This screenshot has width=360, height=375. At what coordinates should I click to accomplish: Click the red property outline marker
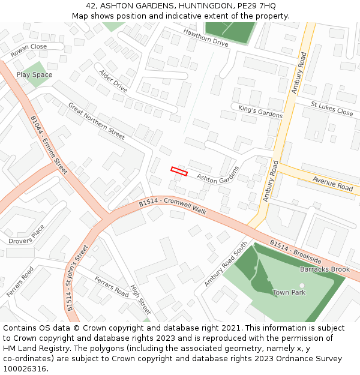coord(179,171)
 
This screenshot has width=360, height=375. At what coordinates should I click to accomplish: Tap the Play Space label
coord(34,75)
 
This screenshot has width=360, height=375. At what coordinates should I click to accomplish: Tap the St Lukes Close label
coord(332,108)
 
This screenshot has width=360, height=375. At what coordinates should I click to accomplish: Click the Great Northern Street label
coord(97,121)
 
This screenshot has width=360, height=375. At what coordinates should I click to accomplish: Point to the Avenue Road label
coord(332,184)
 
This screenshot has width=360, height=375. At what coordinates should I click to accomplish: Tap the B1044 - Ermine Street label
coord(50,146)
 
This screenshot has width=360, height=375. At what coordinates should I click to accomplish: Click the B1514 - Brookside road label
coord(295,253)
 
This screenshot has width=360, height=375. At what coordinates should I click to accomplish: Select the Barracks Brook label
coord(325,269)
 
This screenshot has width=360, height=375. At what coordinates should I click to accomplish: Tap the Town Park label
coord(289,292)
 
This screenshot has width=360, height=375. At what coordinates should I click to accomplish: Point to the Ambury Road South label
coord(226,263)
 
